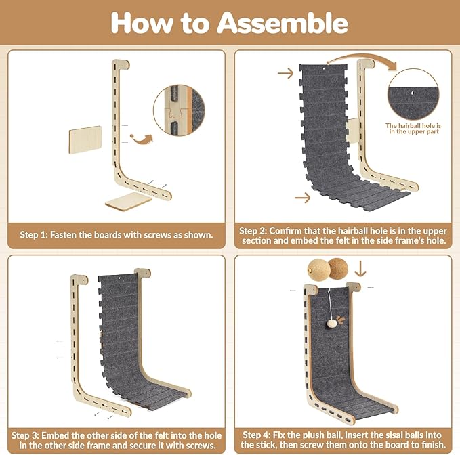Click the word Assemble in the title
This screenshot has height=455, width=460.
click(x=283, y=23)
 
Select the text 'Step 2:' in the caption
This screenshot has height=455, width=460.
click(x=253, y=231)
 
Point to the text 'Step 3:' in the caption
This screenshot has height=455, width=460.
click(x=25, y=435)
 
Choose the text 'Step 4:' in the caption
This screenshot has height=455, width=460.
click(x=256, y=435)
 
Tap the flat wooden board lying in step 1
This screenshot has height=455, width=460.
click(x=129, y=201)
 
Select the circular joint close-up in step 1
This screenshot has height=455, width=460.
click(x=179, y=110)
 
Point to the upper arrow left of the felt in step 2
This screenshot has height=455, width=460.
click(x=285, y=73)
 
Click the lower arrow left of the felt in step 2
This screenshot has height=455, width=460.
click(x=302, y=198)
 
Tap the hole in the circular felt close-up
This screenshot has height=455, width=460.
click(x=412, y=93)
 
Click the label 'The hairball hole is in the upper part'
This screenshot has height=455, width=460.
click(x=413, y=129)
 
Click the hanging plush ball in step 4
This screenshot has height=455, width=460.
click(x=332, y=324)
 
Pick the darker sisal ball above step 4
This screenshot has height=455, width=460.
click(x=338, y=268)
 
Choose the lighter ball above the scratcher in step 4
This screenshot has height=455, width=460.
click(x=318, y=269)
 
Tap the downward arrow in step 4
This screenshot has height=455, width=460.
click(x=360, y=269)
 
